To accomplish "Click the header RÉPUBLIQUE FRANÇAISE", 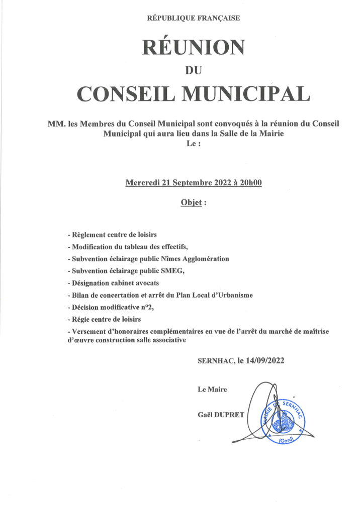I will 193,18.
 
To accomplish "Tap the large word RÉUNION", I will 194,47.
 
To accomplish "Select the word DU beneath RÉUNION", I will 194,71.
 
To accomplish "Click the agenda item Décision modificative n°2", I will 110,307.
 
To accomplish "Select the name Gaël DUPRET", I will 221,414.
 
